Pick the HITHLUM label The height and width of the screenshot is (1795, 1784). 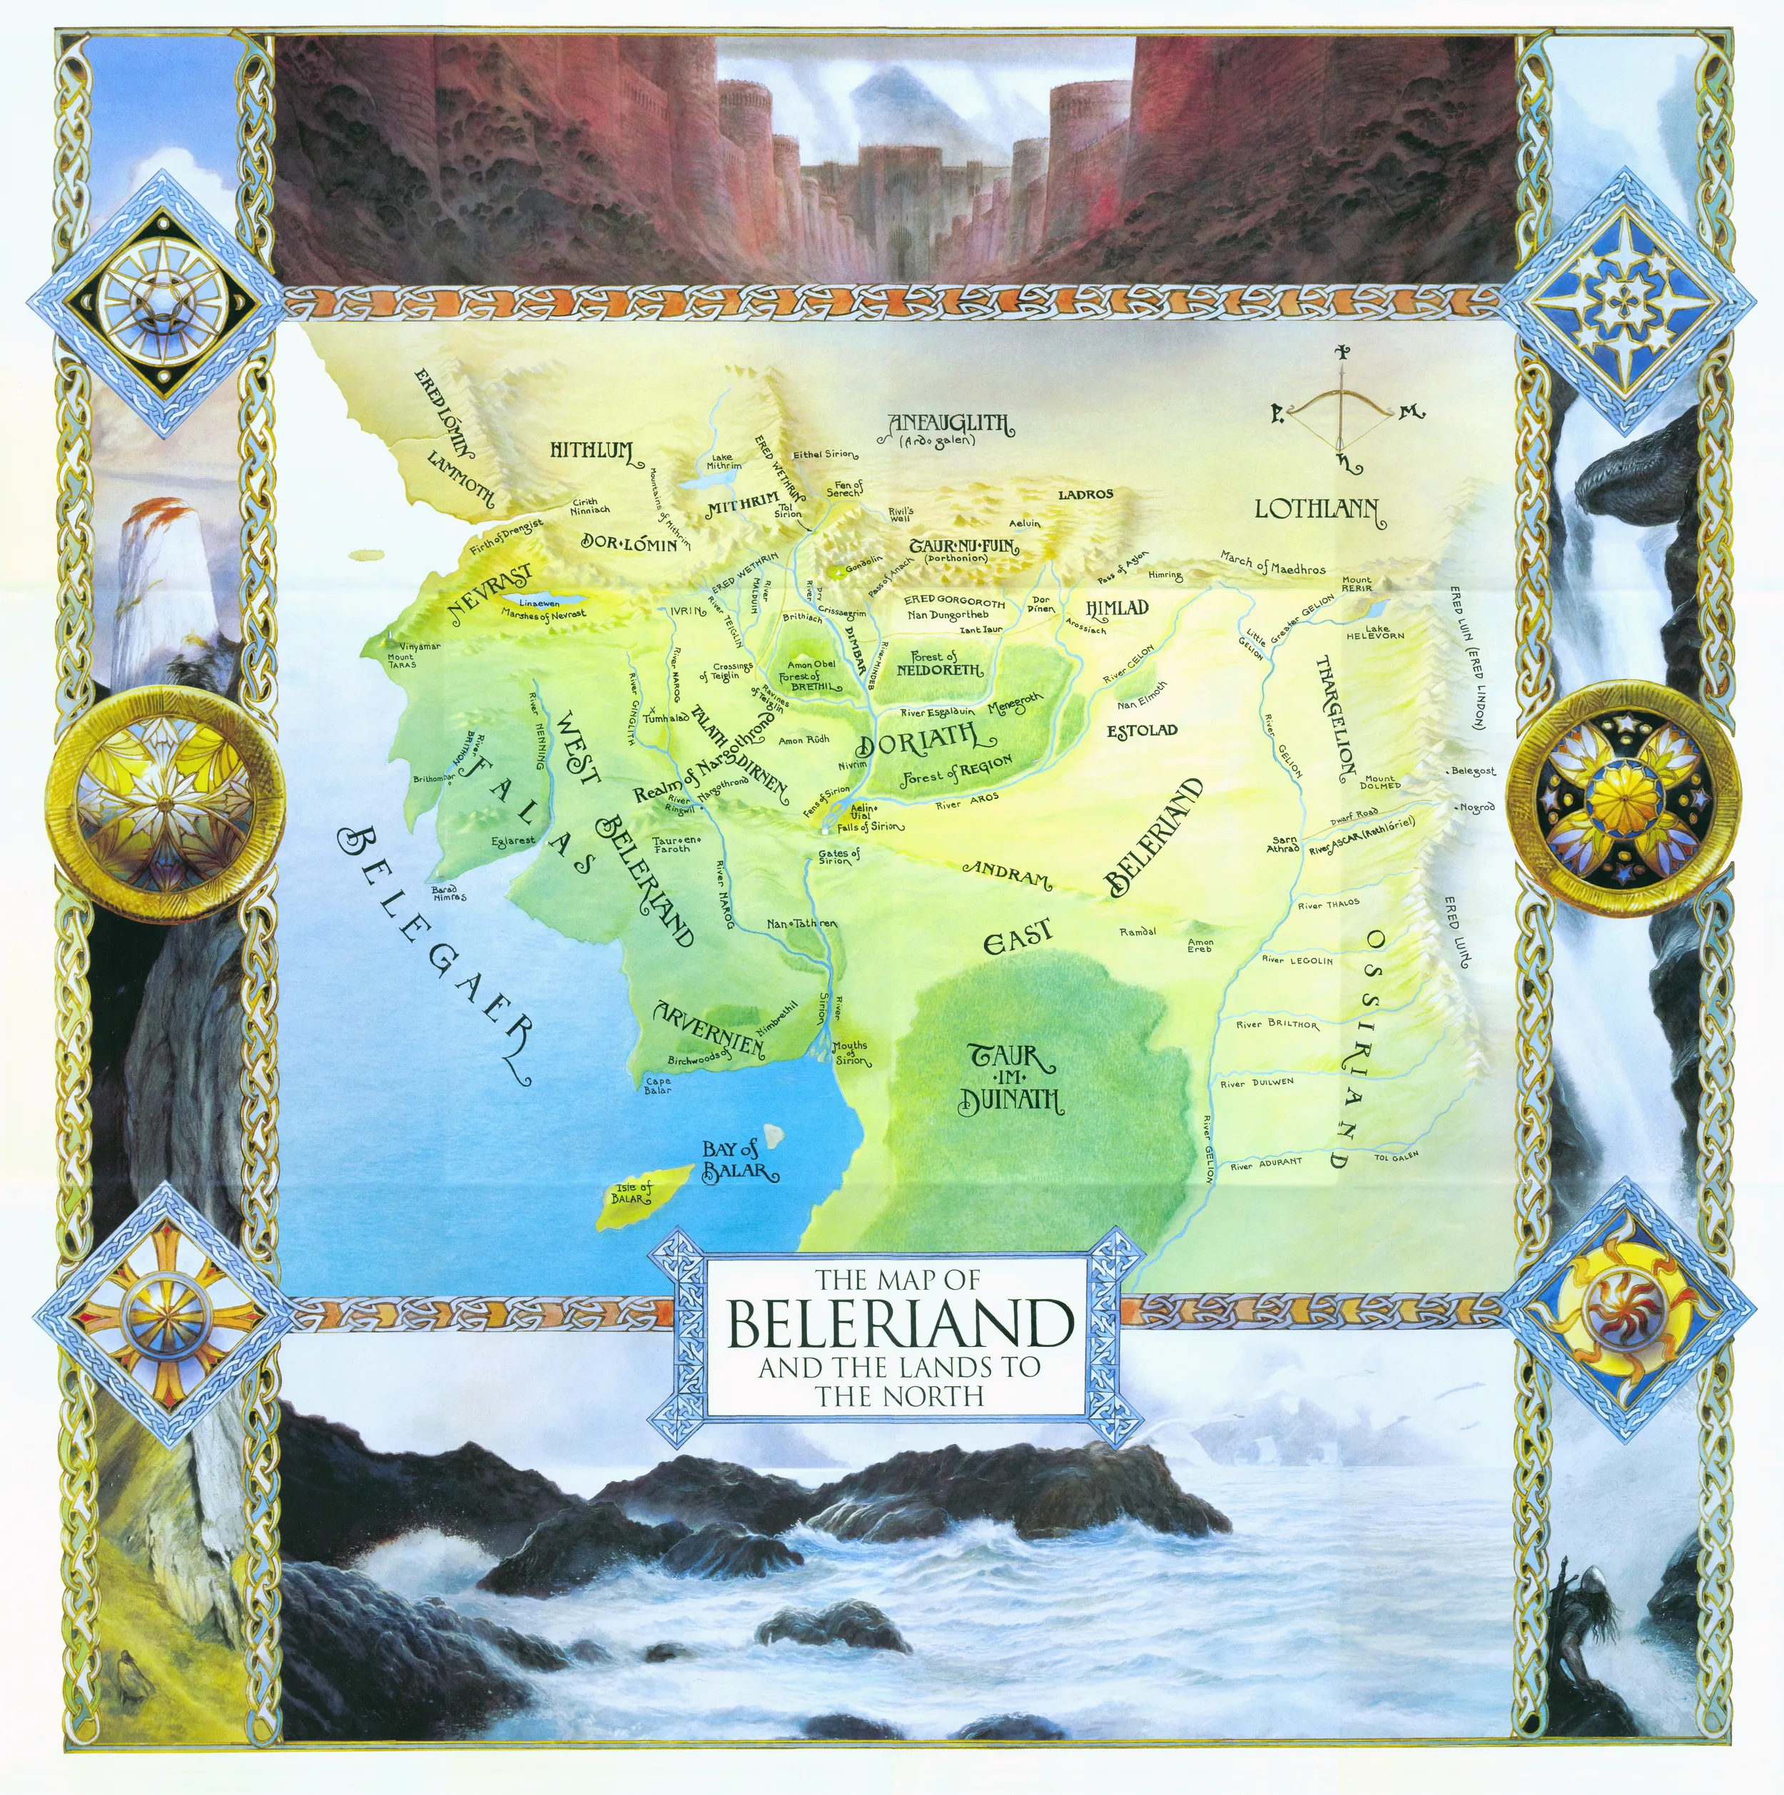(592, 452)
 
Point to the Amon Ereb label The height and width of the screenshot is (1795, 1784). (1200, 946)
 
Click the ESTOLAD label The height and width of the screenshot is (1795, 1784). (1142, 731)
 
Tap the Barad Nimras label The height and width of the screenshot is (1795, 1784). (449, 894)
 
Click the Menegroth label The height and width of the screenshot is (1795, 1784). (1015, 704)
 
